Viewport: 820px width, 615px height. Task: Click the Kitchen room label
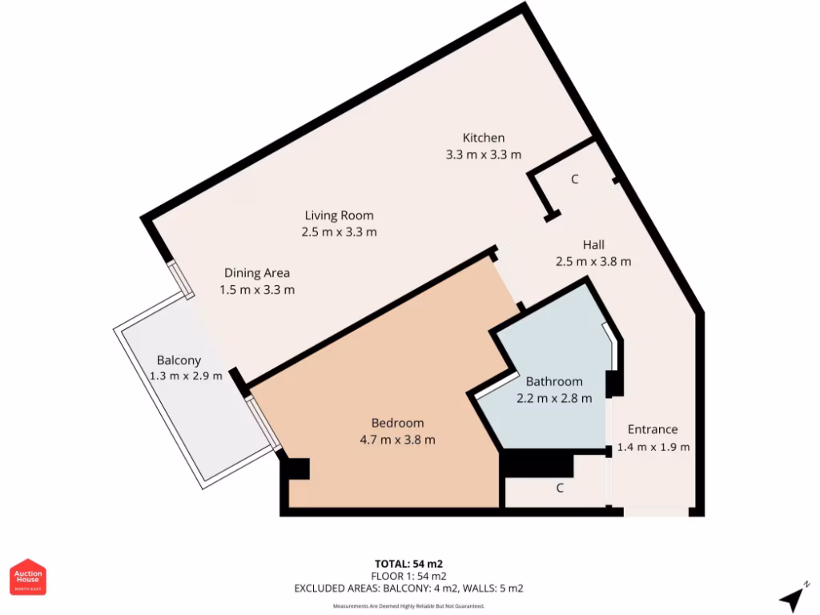point(484,138)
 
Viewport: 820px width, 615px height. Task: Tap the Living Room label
point(339,215)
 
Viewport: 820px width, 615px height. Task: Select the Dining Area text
point(257,273)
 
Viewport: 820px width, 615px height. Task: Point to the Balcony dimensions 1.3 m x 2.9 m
point(186,376)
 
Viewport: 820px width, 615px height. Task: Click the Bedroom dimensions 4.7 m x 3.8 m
point(398,440)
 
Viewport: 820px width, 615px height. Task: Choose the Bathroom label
point(554,381)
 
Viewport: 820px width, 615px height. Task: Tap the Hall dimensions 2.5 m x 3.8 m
point(593,261)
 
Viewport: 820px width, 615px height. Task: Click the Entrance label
point(652,429)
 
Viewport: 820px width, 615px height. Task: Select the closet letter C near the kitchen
point(574,179)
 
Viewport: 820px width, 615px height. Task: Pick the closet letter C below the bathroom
point(560,487)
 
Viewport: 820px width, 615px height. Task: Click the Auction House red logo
point(28,577)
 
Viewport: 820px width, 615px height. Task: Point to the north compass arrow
point(793,597)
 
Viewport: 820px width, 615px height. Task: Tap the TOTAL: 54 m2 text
point(408,563)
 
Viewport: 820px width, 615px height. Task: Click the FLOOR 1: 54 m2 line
point(408,576)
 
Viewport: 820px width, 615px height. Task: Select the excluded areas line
point(408,589)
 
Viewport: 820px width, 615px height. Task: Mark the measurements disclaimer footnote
point(408,606)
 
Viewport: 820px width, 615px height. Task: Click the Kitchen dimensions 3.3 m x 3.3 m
point(484,155)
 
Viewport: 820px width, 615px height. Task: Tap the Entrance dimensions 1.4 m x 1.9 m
point(653,447)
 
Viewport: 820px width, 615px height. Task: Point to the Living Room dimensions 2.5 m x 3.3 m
point(339,232)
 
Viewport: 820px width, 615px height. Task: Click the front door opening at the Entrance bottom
point(655,512)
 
